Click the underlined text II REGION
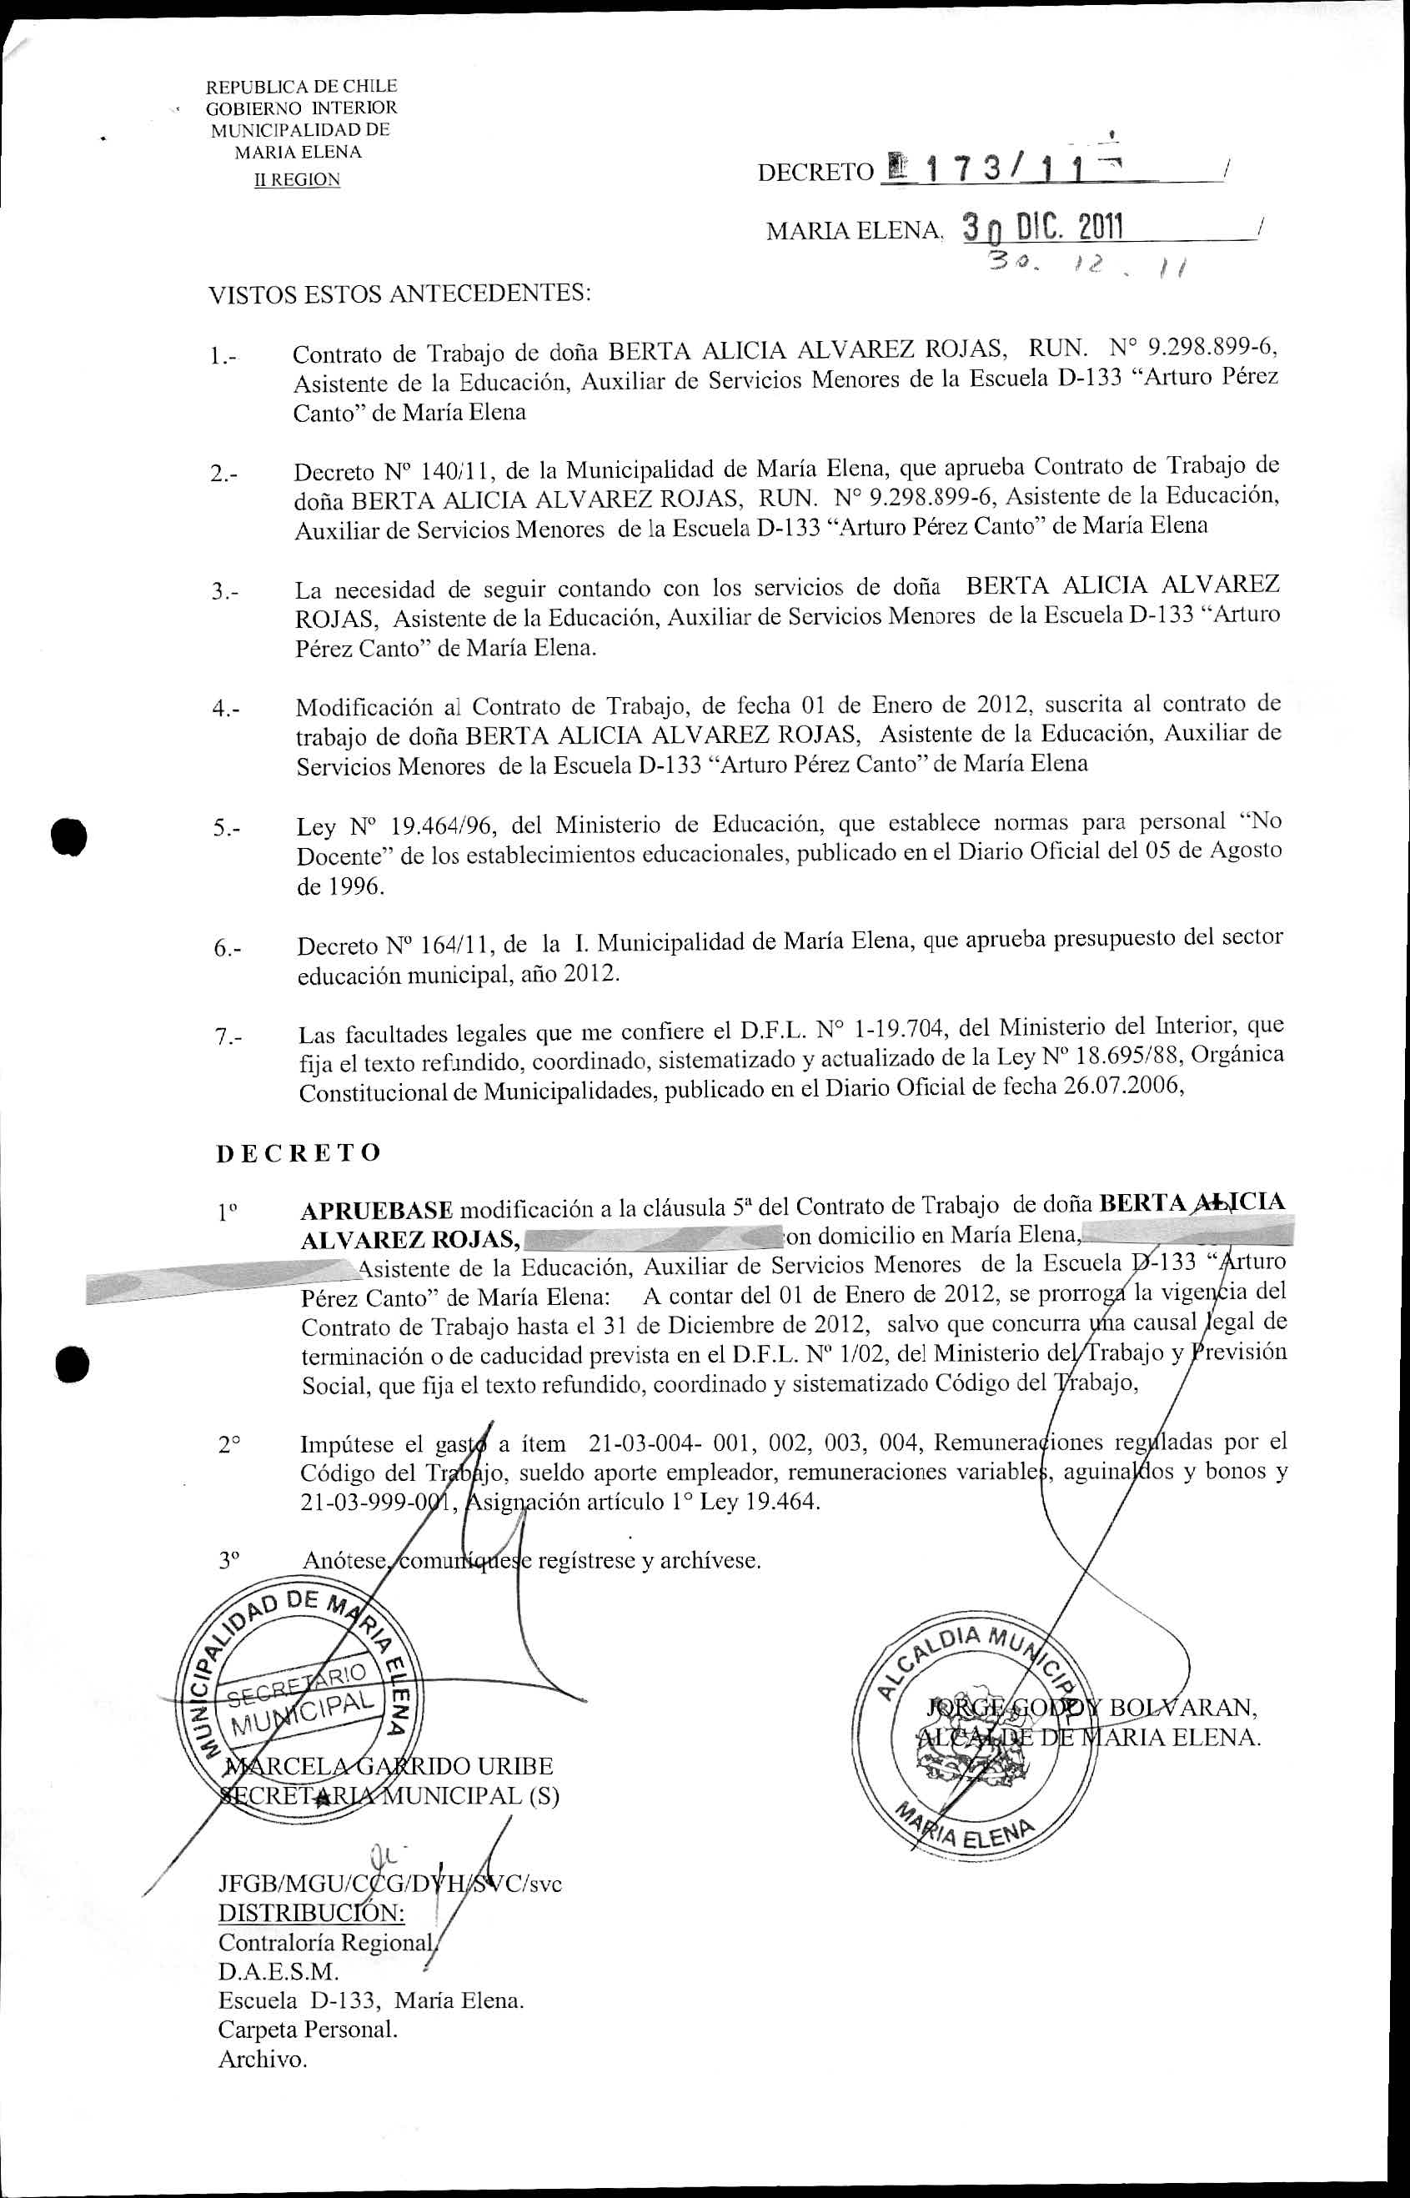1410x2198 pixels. (297, 180)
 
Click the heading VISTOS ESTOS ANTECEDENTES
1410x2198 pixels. (399, 295)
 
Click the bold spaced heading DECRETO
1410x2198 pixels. (299, 1152)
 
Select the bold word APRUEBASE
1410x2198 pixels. (376, 1210)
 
